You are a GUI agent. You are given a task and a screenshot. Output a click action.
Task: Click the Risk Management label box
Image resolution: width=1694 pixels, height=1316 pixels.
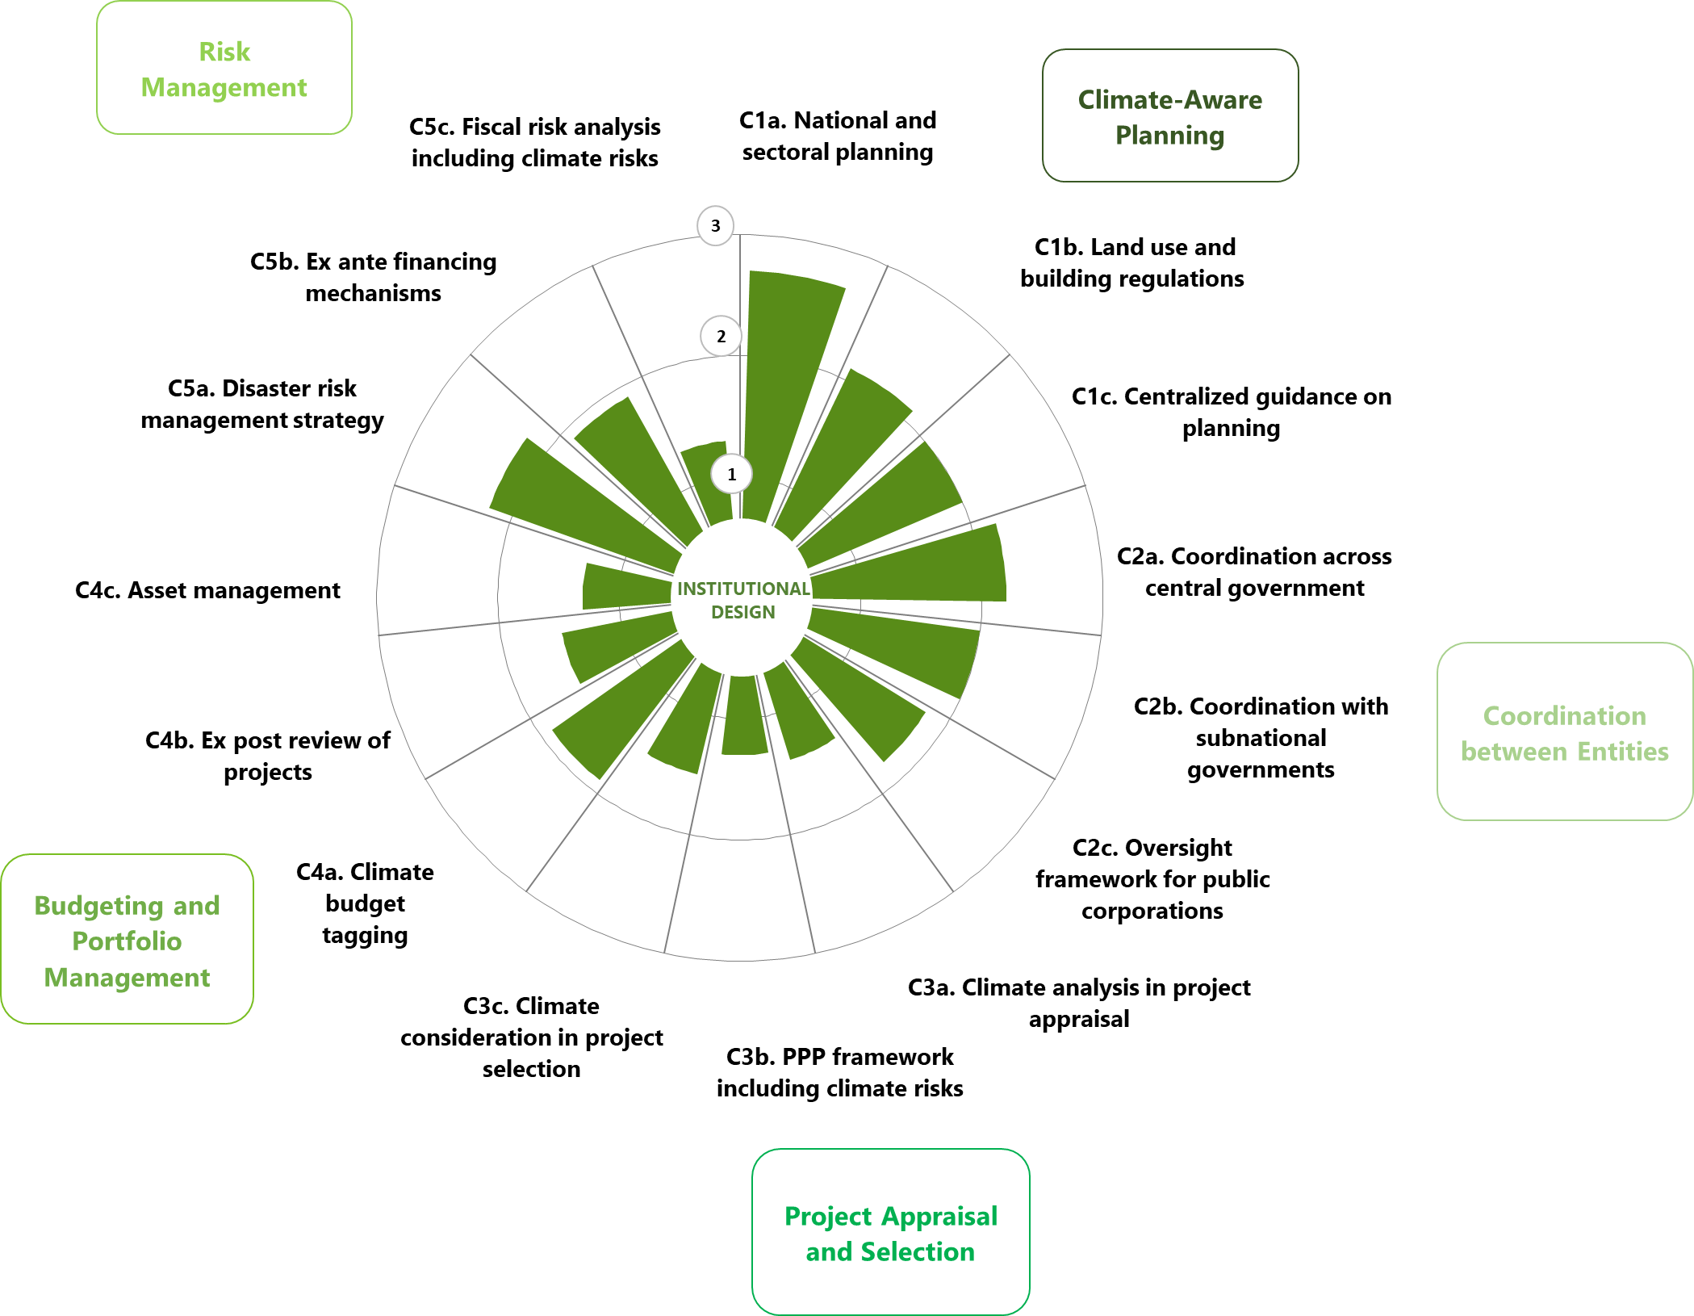(224, 69)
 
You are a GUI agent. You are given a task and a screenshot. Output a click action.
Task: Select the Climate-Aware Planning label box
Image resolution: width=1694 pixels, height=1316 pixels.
(1169, 116)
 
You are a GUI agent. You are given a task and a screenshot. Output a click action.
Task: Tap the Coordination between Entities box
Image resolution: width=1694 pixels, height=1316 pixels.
(1564, 731)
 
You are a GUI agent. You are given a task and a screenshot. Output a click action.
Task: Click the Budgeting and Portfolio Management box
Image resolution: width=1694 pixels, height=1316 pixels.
(127, 940)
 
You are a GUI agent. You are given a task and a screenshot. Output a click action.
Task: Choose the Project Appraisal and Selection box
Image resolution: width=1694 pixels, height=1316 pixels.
(890, 1232)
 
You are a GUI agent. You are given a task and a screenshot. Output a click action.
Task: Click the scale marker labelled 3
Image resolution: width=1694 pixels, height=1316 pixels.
(715, 226)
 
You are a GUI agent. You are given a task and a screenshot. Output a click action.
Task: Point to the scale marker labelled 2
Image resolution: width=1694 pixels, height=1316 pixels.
(721, 337)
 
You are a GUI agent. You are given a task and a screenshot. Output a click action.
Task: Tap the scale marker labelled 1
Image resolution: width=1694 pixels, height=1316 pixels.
(731, 474)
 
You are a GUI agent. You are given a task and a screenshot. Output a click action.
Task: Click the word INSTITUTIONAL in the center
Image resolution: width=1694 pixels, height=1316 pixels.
(743, 589)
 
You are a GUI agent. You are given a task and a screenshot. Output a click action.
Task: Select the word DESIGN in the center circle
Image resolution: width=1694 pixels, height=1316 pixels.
(742, 612)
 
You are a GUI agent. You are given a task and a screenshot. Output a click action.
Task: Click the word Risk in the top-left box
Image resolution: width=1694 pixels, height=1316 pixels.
(224, 52)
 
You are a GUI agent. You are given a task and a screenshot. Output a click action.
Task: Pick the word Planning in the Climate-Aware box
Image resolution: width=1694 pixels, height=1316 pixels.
(1169, 136)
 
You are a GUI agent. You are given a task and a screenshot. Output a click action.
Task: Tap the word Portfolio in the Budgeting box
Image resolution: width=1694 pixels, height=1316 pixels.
(127, 941)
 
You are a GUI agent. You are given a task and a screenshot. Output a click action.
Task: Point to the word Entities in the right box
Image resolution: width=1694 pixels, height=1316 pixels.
(1622, 752)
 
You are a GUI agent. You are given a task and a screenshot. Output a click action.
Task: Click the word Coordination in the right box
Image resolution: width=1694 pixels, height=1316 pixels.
(1564, 716)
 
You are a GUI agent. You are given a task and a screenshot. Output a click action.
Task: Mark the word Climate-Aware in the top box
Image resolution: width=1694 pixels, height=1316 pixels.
(1169, 100)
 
